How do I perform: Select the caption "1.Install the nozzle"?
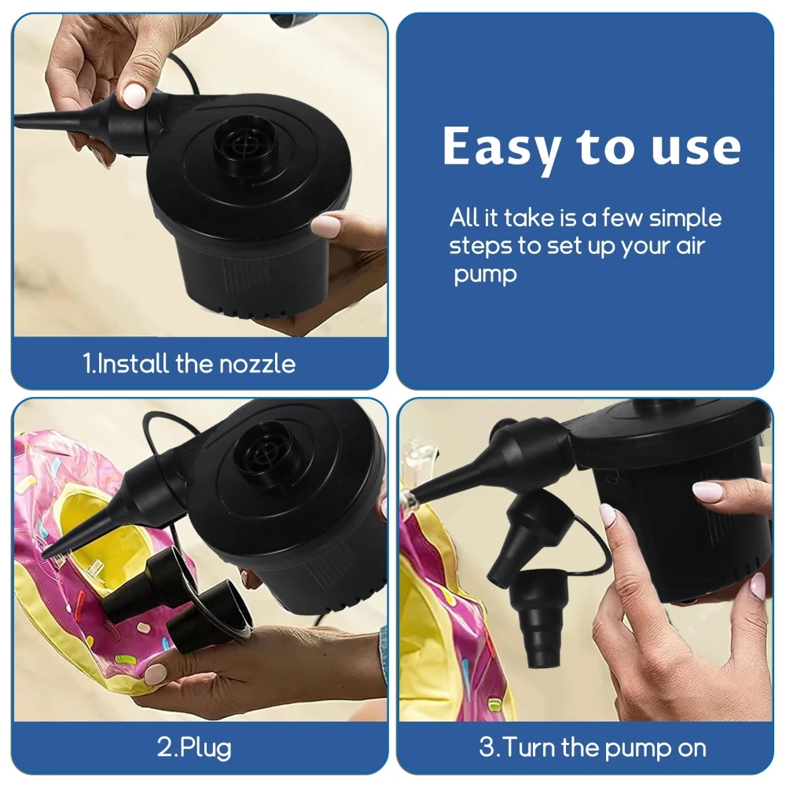(189, 364)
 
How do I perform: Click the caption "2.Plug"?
(194, 746)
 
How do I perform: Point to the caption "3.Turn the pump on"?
(593, 746)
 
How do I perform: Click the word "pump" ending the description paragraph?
(485, 275)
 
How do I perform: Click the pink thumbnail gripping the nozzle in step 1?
(134, 95)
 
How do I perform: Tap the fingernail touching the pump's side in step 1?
(325, 226)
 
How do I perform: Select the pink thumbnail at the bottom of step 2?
(156, 674)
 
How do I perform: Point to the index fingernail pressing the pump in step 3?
(608, 515)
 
